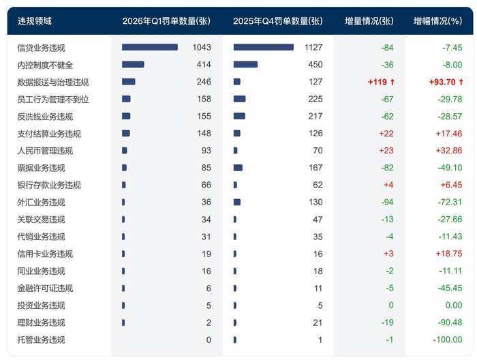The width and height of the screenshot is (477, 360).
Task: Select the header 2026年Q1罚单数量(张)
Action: [x=166, y=21]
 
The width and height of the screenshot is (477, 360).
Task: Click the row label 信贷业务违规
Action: [x=45, y=48]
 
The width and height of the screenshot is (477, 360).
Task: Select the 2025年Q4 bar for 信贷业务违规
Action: [x=263, y=48]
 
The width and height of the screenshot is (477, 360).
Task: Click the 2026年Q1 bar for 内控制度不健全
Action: [x=133, y=65]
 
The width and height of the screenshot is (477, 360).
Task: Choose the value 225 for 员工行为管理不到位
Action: [x=314, y=100]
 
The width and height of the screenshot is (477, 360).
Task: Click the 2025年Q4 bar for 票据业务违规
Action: [x=238, y=168]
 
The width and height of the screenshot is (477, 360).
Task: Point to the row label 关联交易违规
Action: [x=41, y=220]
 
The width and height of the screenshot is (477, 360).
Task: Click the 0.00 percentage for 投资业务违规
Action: [x=453, y=305]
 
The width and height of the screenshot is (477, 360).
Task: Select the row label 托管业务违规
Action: [x=41, y=340]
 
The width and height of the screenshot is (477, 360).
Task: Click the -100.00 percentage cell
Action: [x=446, y=340]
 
